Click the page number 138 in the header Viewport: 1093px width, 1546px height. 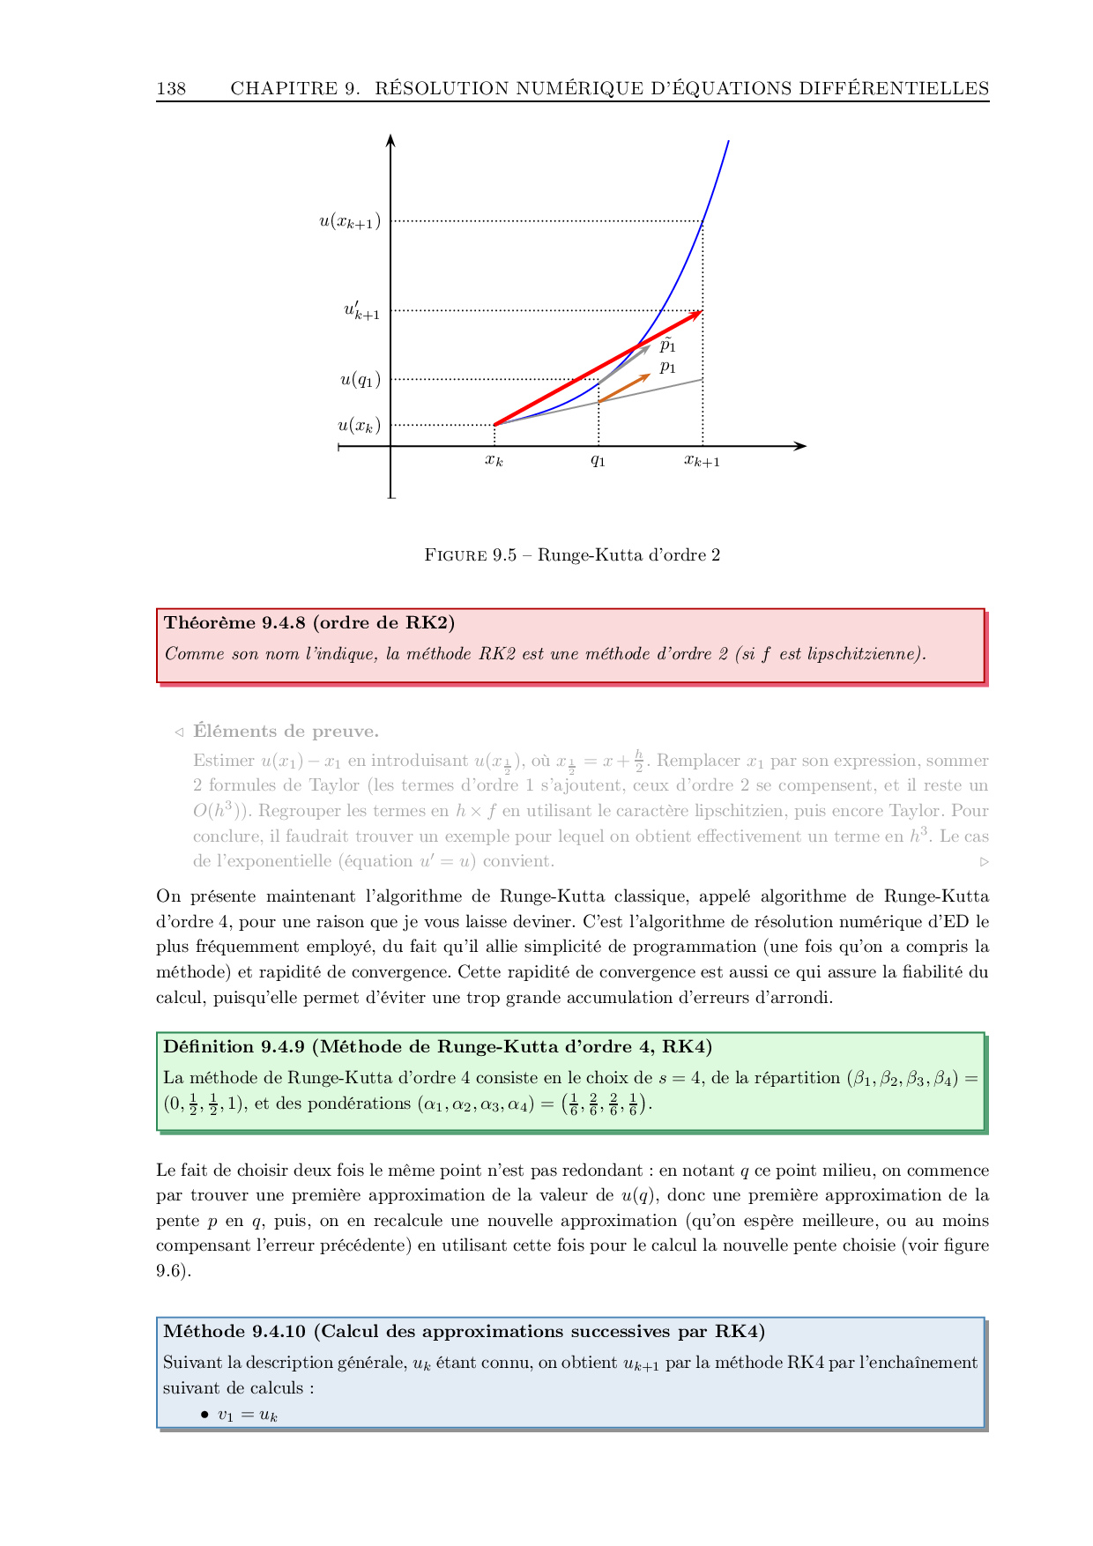click(x=171, y=88)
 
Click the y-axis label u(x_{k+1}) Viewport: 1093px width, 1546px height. click(x=350, y=221)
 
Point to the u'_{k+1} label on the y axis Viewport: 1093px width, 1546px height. click(x=361, y=310)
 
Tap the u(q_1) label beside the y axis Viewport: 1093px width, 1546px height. click(x=361, y=380)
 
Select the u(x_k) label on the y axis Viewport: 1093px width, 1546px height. click(x=359, y=426)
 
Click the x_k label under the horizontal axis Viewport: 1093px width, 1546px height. click(x=494, y=460)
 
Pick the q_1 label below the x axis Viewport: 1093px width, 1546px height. click(x=598, y=460)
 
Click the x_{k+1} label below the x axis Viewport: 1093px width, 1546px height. click(x=702, y=461)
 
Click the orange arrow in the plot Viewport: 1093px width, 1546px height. click(x=624, y=389)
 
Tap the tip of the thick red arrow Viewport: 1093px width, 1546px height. click(x=699, y=313)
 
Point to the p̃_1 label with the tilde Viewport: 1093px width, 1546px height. click(x=667, y=345)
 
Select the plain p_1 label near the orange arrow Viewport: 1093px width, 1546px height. click(x=667, y=368)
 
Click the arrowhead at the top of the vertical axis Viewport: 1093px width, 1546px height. click(x=390, y=139)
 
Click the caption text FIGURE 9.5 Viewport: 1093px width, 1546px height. click(x=470, y=555)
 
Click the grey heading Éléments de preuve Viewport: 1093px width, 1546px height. click(x=286, y=732)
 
